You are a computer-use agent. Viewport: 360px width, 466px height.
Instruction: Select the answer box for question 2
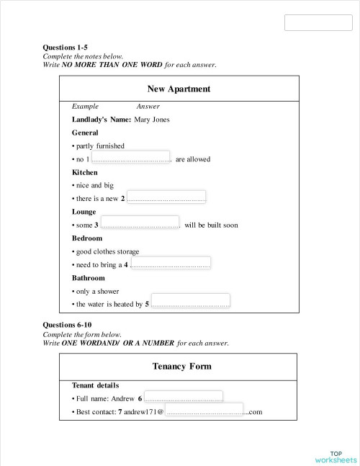166,197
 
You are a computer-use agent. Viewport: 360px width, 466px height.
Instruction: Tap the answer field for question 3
140,223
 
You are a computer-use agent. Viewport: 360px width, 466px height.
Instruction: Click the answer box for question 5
191,301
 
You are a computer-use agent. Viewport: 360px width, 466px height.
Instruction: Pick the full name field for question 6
184,396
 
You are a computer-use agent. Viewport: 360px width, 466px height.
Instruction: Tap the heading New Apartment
179,89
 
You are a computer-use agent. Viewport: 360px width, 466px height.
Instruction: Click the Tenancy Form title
182,367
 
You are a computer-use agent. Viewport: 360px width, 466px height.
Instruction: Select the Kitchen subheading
85,173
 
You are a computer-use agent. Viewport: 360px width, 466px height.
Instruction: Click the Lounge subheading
84,212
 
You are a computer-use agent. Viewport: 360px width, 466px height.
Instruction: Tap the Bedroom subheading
87,238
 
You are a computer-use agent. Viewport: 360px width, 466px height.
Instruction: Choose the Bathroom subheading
89,278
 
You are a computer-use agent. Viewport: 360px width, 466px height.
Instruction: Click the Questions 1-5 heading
66,48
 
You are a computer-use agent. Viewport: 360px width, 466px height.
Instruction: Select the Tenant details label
96,385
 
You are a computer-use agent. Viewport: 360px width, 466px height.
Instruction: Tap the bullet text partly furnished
100,145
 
